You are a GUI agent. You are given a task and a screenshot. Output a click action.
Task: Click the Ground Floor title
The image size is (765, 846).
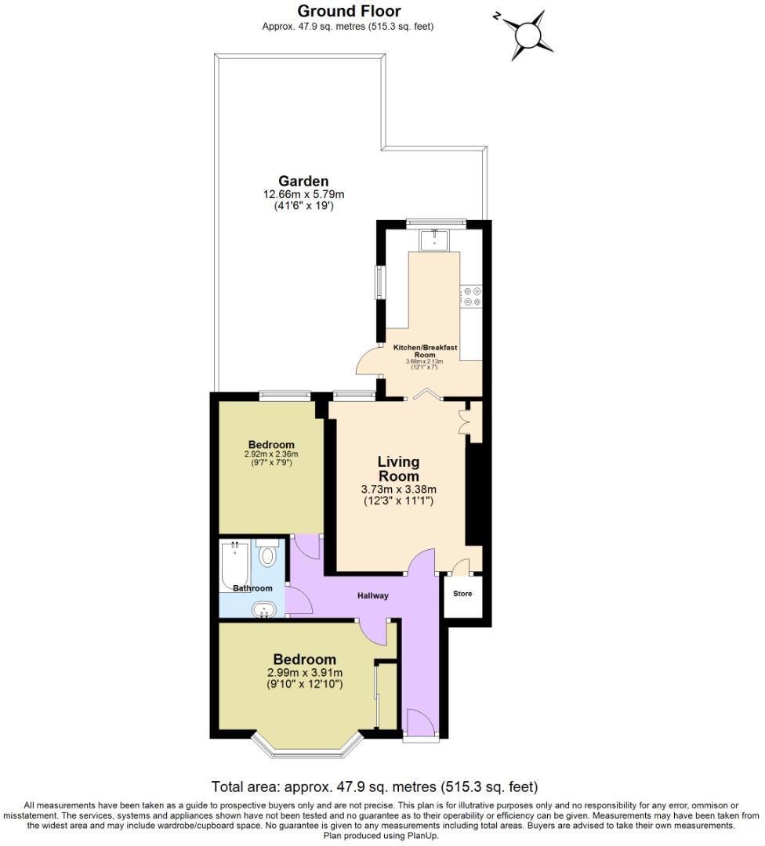(x=349, y=11)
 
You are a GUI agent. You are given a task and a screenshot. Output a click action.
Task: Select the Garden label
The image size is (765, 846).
(x=303, y=181)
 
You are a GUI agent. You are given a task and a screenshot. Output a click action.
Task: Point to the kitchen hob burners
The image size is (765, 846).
(x=472, y=296)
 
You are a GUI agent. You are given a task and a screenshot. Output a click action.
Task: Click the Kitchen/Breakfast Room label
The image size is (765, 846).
(x=425, y=349)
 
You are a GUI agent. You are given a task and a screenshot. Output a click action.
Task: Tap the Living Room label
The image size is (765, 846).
(x=398, y=468)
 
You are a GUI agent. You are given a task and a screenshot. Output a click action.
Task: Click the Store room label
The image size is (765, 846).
(x=462, y=594)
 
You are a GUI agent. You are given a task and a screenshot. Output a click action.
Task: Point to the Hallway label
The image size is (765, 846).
(x=373, y=596)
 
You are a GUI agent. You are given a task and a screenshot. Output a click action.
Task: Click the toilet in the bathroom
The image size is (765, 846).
(x=268, y=555)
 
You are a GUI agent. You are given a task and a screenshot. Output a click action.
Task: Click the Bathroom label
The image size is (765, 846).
(x=252, y=588)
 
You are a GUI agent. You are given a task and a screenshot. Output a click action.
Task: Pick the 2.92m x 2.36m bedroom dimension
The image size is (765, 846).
(x=271, y=454)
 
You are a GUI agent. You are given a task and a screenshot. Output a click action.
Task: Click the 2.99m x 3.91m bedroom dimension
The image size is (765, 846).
(x=305, y=672)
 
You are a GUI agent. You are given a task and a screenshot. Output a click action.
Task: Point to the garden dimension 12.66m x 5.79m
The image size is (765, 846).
(x=303, y=195)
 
